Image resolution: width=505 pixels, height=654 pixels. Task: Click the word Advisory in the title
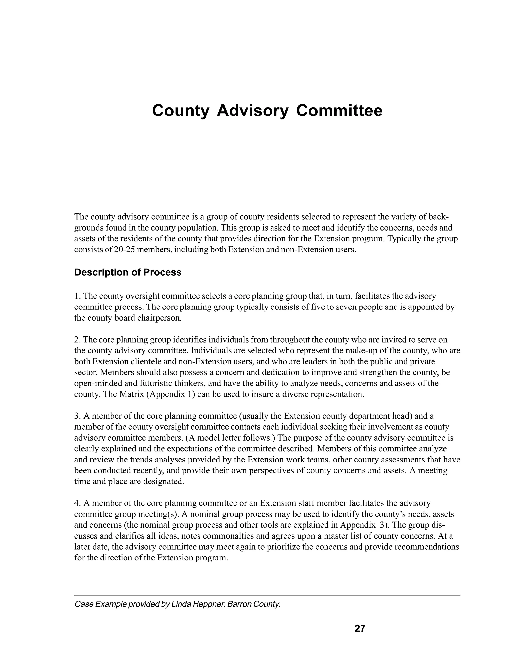252,111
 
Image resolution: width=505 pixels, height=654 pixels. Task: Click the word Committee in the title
339,111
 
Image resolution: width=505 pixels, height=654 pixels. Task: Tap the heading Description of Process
128,272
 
